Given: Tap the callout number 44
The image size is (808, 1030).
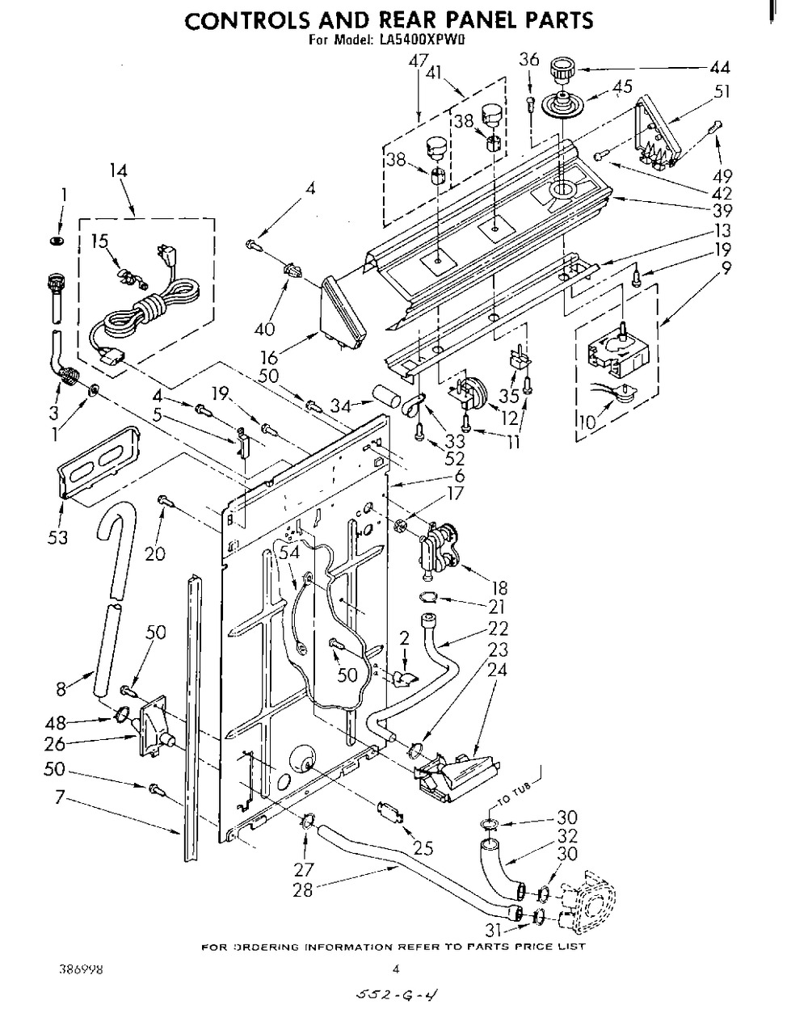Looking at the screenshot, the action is [720, 68].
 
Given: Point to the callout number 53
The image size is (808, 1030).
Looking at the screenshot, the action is [58, 537].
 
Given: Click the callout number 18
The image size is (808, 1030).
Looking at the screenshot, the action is [499, 588].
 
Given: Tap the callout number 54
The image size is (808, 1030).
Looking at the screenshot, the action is [288, 552].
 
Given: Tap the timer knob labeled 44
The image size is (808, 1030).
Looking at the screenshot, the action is [563, 70].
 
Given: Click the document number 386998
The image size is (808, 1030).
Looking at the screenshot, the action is [81, 969].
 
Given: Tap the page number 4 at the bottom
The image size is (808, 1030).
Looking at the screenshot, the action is [396, 969].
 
